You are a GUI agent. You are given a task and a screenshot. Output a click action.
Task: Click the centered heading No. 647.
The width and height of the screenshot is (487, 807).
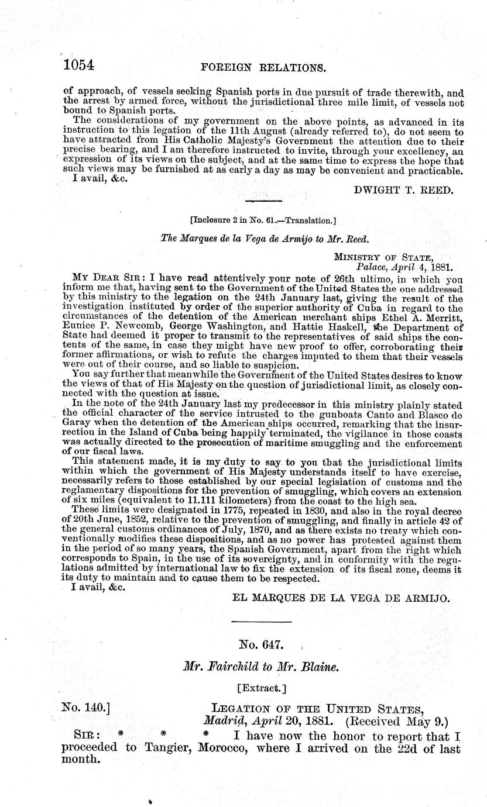[x=262, y=645]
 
